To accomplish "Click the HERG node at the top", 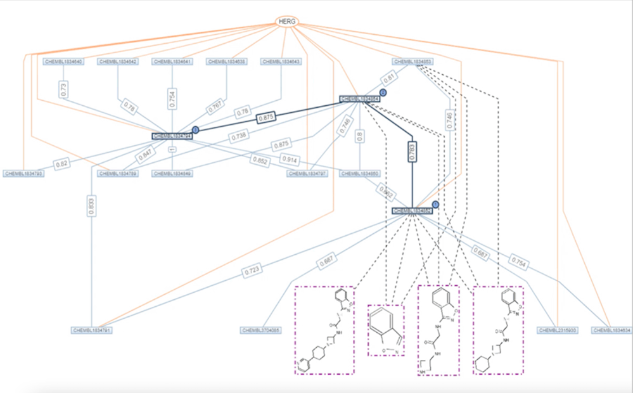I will [287, 22].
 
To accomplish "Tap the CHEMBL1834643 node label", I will [281, 61].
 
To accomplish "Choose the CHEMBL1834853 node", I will [412, 61].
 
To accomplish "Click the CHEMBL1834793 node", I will [23, 173].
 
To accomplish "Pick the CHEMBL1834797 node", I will [307, 173].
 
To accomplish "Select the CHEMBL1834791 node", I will [93, 330].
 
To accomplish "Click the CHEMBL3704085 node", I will [261, 330].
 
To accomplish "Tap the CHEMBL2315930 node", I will [556, 330].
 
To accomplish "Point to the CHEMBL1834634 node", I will [611, 330].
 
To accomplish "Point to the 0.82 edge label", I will [62, 164].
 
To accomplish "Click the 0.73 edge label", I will [64, 89].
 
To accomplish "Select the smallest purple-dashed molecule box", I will [386, 330].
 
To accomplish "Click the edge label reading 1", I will [172, 149].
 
